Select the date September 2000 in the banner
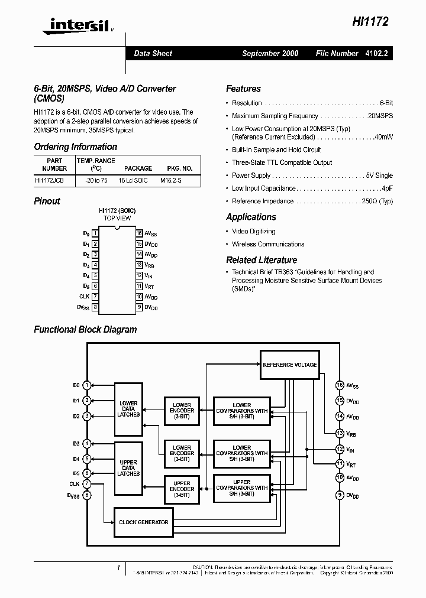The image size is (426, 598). (x=270, y=53)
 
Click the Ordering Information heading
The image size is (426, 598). (x=75, y=147)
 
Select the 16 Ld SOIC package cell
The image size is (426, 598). (x=138, y=180)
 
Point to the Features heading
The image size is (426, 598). (x=243, y=89)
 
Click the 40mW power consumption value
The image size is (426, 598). (x=384, y=137)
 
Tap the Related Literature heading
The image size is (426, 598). (x=262, y=260)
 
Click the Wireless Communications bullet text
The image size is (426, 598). (x=268, y=244)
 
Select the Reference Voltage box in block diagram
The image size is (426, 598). (x=289, y=365)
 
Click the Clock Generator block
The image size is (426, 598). (x=143, y=522)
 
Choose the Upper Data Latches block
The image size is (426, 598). (x=128, y=468)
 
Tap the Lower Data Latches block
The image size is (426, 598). (x=128, y=409)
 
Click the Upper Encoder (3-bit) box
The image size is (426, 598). (x=182, y=489)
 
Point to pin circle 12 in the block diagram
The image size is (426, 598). (x=340, y=449)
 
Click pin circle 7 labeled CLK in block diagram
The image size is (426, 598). (x=87, y=485)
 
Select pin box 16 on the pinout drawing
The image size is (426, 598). (x=140, y=233)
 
